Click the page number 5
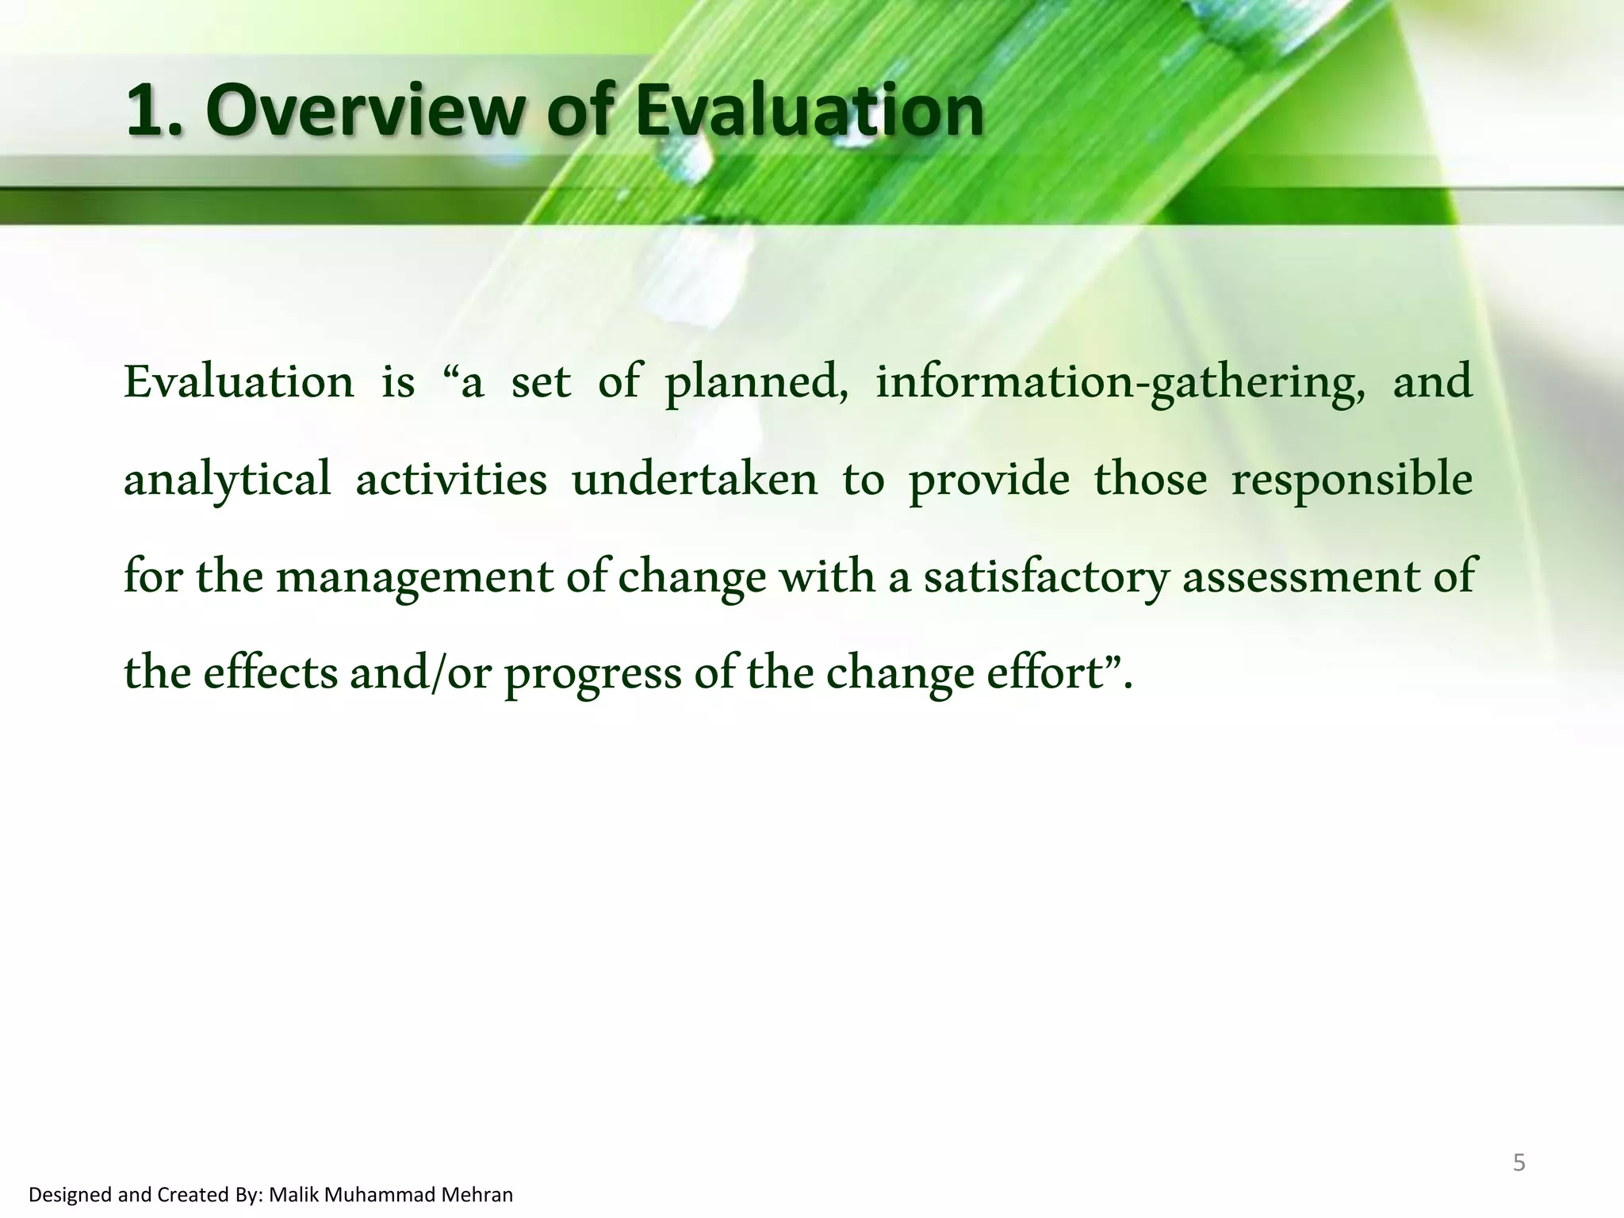(1519, 1163)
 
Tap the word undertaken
(694, 480)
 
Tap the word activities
(450, 480)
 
